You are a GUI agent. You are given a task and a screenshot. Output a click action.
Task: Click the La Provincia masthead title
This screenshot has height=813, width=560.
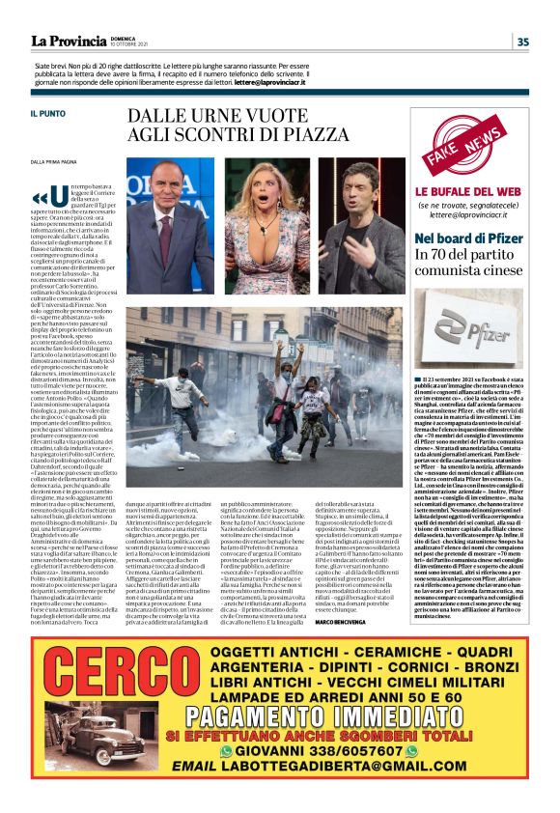[69, 41]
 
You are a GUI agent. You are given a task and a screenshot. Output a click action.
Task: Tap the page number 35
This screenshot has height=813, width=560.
[522, 41]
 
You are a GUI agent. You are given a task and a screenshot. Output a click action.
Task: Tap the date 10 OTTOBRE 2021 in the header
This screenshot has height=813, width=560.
[134, 44]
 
